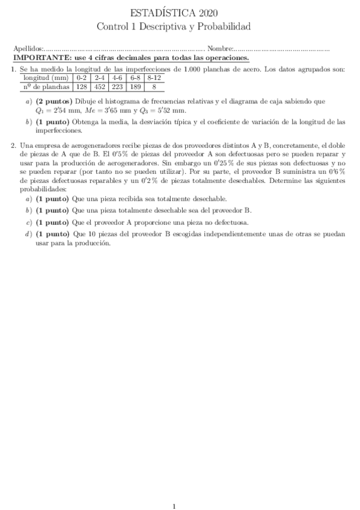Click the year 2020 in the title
click(x=207, y=12)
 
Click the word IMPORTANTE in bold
click(x=42, y=58)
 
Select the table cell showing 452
click(x=100, y=86)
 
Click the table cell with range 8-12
click(x=154, y=78)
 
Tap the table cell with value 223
click(x=118, y=86)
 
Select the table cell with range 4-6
click(x=118, y=78)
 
